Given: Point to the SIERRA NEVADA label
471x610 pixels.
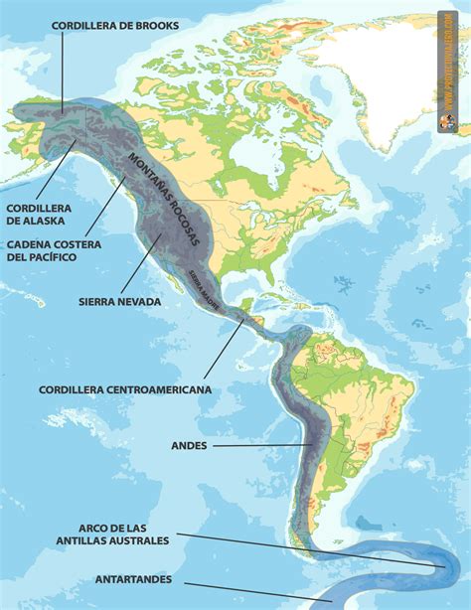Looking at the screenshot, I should point(119,301).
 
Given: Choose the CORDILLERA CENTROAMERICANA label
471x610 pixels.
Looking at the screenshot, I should point(125,390).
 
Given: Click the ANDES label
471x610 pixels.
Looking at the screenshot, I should point(188,446).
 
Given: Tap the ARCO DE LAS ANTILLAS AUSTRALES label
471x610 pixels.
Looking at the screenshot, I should point(124,534).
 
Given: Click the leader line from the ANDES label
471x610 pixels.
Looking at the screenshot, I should point(263,445).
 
